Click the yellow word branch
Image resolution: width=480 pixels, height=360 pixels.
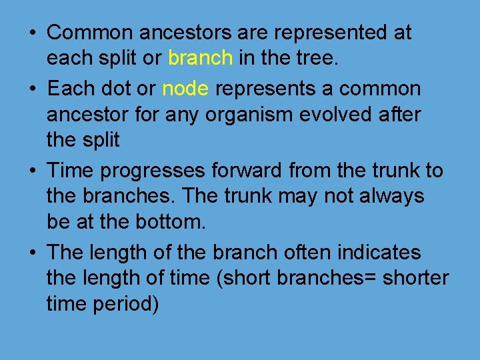point(200,59)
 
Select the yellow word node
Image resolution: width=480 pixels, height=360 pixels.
point(186,89)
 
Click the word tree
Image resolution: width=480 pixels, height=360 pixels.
point(317,59)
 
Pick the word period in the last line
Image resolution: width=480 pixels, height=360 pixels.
point(125,304)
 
